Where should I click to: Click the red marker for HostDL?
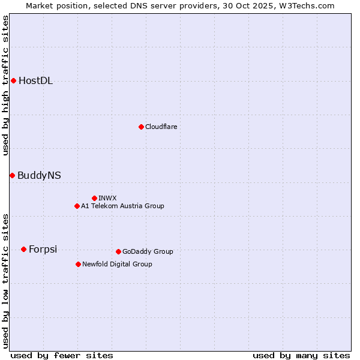(13, 80)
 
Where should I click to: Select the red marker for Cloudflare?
(141, 127)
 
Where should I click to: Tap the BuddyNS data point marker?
(12, 175)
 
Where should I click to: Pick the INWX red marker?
(94, 198)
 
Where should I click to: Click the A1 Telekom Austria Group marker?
(77, 206)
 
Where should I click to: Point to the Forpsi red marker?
(23, 249)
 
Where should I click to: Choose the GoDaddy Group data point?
(118, 251)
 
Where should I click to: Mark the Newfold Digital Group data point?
(78, 264)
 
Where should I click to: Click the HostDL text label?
(35, 81)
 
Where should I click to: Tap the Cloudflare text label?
(161, 127)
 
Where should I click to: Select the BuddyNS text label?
(39, 176)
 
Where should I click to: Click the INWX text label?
(107, 199)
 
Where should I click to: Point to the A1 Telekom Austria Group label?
(122, 206)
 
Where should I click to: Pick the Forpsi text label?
(43, 250)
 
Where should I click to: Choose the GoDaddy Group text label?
(148, 252)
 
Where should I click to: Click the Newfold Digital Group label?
(117, 265)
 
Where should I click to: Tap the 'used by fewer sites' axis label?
(62, 355)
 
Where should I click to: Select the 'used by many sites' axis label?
(301, 355)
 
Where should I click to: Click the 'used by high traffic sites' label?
(6, 85)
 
